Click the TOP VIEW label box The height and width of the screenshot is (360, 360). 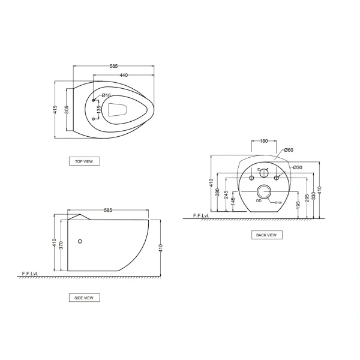point(84,161)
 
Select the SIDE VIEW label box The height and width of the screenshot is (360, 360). point(84,298)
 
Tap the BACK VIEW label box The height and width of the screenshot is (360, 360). point(266,235)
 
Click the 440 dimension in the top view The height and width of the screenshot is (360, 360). point(124,75)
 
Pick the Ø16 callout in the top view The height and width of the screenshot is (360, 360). point(106,95)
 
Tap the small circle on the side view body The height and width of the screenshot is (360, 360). point(82,242)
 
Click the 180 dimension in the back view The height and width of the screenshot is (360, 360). point(263,141)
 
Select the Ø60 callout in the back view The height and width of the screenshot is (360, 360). point(288,150)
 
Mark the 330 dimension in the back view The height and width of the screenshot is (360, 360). point(313,190)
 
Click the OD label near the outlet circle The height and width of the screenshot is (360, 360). point(259,201)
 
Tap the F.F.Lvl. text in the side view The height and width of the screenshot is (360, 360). point(30,274)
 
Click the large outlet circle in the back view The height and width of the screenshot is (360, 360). point(264,193)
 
